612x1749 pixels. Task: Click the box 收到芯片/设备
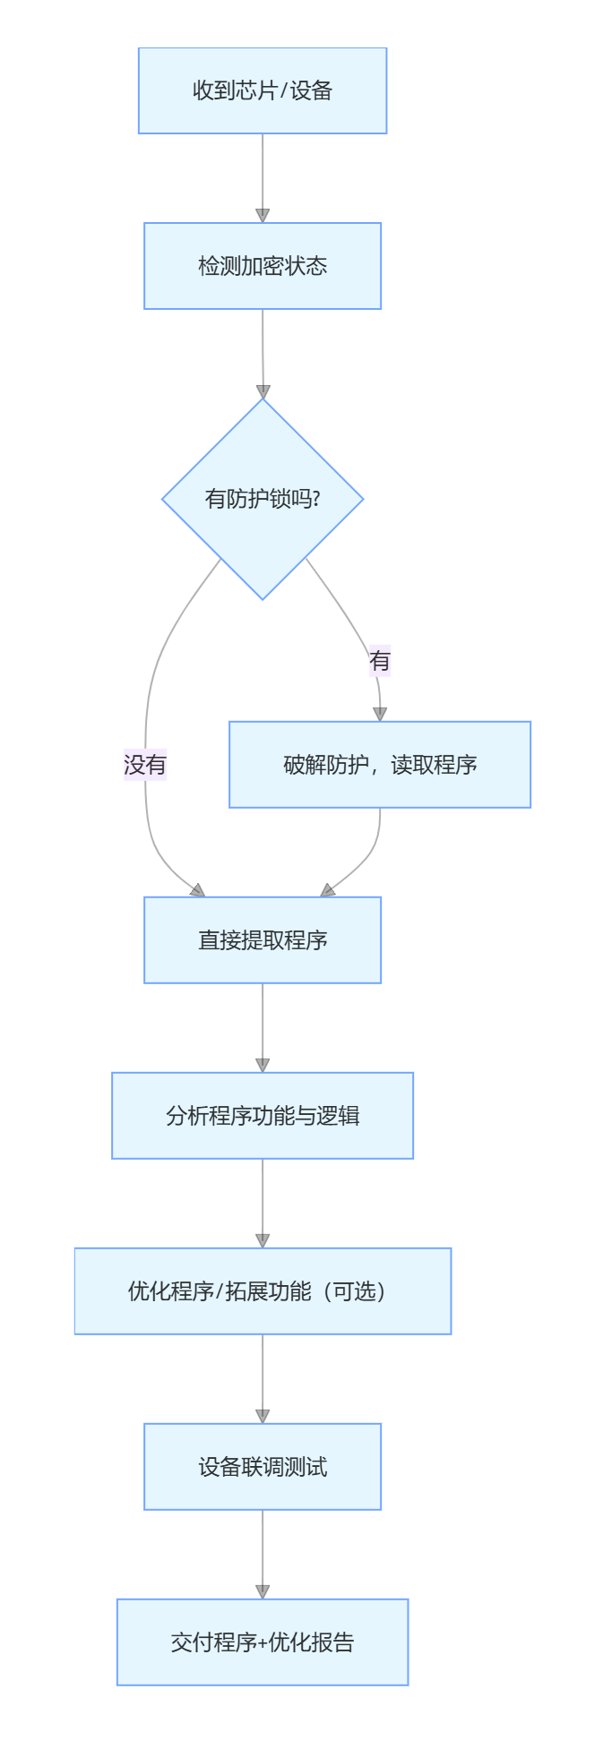(263, 90)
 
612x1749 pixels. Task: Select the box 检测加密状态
(263, 266)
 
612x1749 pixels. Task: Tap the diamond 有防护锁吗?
(263, 499)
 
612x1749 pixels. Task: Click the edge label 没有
(145, 765)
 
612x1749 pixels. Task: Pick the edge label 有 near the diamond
(380, 661)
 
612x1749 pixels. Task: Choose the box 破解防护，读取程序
(380, 765)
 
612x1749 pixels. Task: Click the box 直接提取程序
(263, 940)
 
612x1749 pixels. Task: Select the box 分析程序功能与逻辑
(263, 1116)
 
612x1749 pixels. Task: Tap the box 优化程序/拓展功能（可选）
(263, 1291)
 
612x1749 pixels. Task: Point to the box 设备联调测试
(263, 1467)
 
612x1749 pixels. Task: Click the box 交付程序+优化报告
(263, 1642)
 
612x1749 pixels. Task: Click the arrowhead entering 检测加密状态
(263, 216)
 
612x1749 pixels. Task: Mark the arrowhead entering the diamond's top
(263, 392)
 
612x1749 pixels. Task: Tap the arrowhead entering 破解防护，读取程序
(380, 714)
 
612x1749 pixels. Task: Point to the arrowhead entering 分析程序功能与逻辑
(263, 1066)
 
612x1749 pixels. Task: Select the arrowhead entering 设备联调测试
(263, 1417)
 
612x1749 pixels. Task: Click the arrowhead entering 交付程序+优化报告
(263, 1592)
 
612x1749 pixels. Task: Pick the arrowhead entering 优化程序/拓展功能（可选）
(263, 1241)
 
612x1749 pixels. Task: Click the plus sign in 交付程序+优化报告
(262, 1643)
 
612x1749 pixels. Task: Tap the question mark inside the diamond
(316, 499)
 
